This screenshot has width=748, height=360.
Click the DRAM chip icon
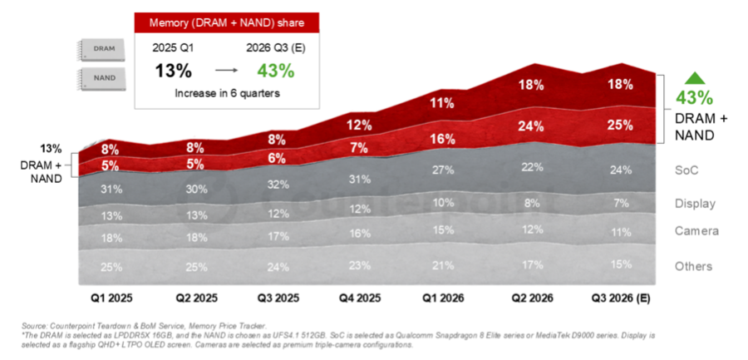pyautogui.click(x=101, y=50)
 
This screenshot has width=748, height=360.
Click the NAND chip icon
pyautogui.click(x=101, y=79)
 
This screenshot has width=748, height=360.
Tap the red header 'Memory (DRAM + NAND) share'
pyautogui.click(x=227, y=22)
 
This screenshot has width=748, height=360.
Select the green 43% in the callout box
pyautogui.click(x=276, y=71)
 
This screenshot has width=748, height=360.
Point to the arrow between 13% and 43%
pyautogui.click(x=226, y=71)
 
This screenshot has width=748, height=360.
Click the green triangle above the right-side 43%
pyautogui.click(x=695, y=78)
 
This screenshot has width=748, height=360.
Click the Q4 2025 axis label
pyautogui.click(x=360, y=298)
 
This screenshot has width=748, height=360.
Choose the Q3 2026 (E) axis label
pyautogui.click(x=621, y=298)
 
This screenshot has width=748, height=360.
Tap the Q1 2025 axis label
pyautogui.click(x=111, y=298)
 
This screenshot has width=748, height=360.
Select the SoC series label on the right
pyautogui.click(x=687, y=170)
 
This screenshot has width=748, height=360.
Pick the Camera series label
pyautogui.click(x=696, y=231)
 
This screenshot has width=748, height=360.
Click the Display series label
pyautogui.click(x=695, y=204)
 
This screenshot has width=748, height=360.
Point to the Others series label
pyautogui.click(x=694, y=266)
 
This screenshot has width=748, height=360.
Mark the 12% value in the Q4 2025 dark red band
pyautogui.click(x=359, y=126)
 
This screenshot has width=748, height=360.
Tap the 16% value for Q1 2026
pyautogui.click(x=441, y=140)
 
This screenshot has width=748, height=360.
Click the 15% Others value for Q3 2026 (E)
pyautogui.click(x=621, y=264)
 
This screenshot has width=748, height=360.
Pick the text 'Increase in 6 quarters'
pyautogui.click(x=227, y=94)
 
